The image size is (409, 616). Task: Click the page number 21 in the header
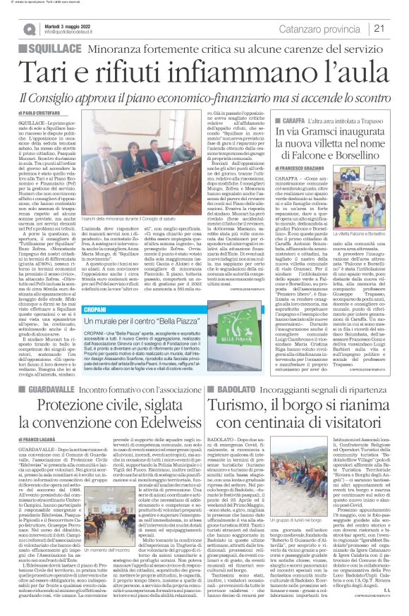pyautogui.click(x=398, y=28)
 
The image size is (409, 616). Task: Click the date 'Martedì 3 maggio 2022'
pyautogui.click(x=68, y=24)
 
